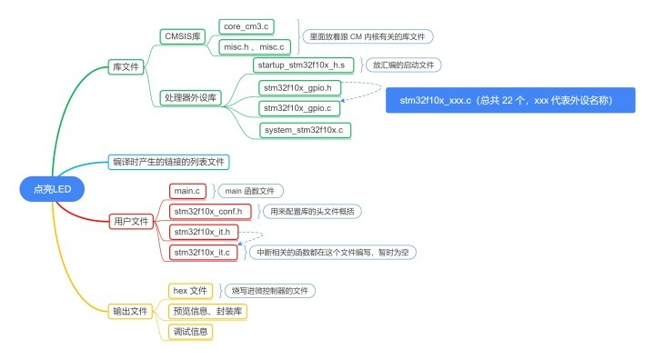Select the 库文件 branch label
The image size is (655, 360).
pyautogui.click(x=125, y=67)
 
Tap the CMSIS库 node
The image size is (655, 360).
pyautogui.click(x=183, y=37)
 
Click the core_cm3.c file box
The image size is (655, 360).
pyautogui.click(x=246, y=26)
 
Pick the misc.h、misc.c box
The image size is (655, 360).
pyautogui.click(x=252, y=46)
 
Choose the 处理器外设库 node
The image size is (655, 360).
pyautogui.click(x=189, y=97)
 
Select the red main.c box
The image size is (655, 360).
pyautogui.click(x=188, y=191)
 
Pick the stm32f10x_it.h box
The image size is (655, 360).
pyautogui.click(x=206, y=232)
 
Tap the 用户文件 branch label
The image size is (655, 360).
pyautogui.click(x=130, y=221)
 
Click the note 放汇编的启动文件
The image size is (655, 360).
pyautogui.click(x=402, y=65)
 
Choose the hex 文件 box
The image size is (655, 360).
pyautogui.click(x=189, y=291)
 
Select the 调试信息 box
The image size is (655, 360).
pyautogui.click(x=191, y=332)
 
